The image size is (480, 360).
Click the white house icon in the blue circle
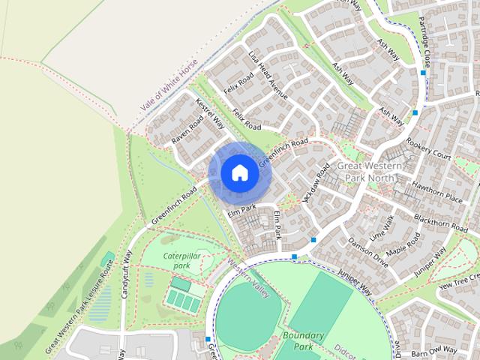(x=239, y=172)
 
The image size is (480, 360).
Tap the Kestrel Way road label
(x=210, y=114)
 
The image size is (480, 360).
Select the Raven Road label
(x=187, y=128)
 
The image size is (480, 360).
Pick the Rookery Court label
(x=429, y=148)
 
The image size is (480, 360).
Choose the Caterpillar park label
(x=181, y=260)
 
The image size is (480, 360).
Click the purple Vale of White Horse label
(x=169, y=90)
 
